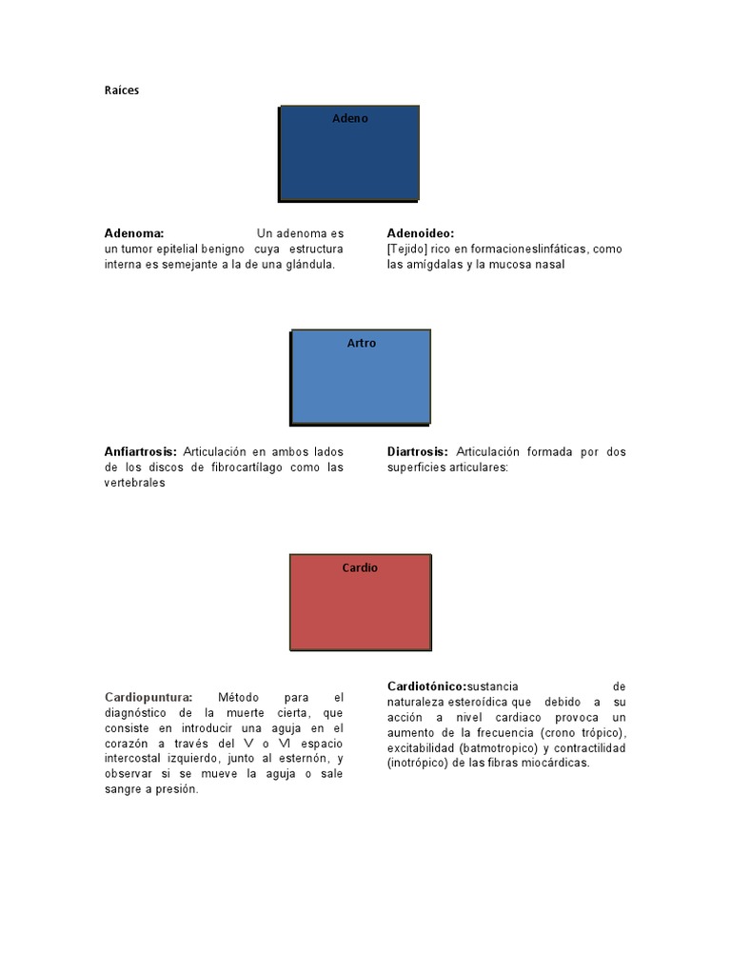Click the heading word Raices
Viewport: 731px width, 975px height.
coord(122,90)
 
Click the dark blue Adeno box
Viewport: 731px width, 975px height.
coord(348,157)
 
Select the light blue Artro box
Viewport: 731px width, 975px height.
coord(361,381)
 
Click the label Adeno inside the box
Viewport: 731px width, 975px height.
coord(349,119)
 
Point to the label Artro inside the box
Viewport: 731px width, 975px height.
coord(362,343)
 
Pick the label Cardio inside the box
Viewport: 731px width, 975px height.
coord(360,567)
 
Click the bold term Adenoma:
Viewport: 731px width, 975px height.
coord(134,233)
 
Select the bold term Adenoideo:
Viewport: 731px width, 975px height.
coord(421,233)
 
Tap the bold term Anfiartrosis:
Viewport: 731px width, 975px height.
coord(141,451)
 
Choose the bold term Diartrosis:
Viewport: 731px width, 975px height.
coord(418,451)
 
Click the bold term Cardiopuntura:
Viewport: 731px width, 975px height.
coord(148,697)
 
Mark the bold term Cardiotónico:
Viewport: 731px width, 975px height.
coord(427,686)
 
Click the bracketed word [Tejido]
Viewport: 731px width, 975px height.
coord(406,249)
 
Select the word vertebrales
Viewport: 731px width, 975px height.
coord(135,483)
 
